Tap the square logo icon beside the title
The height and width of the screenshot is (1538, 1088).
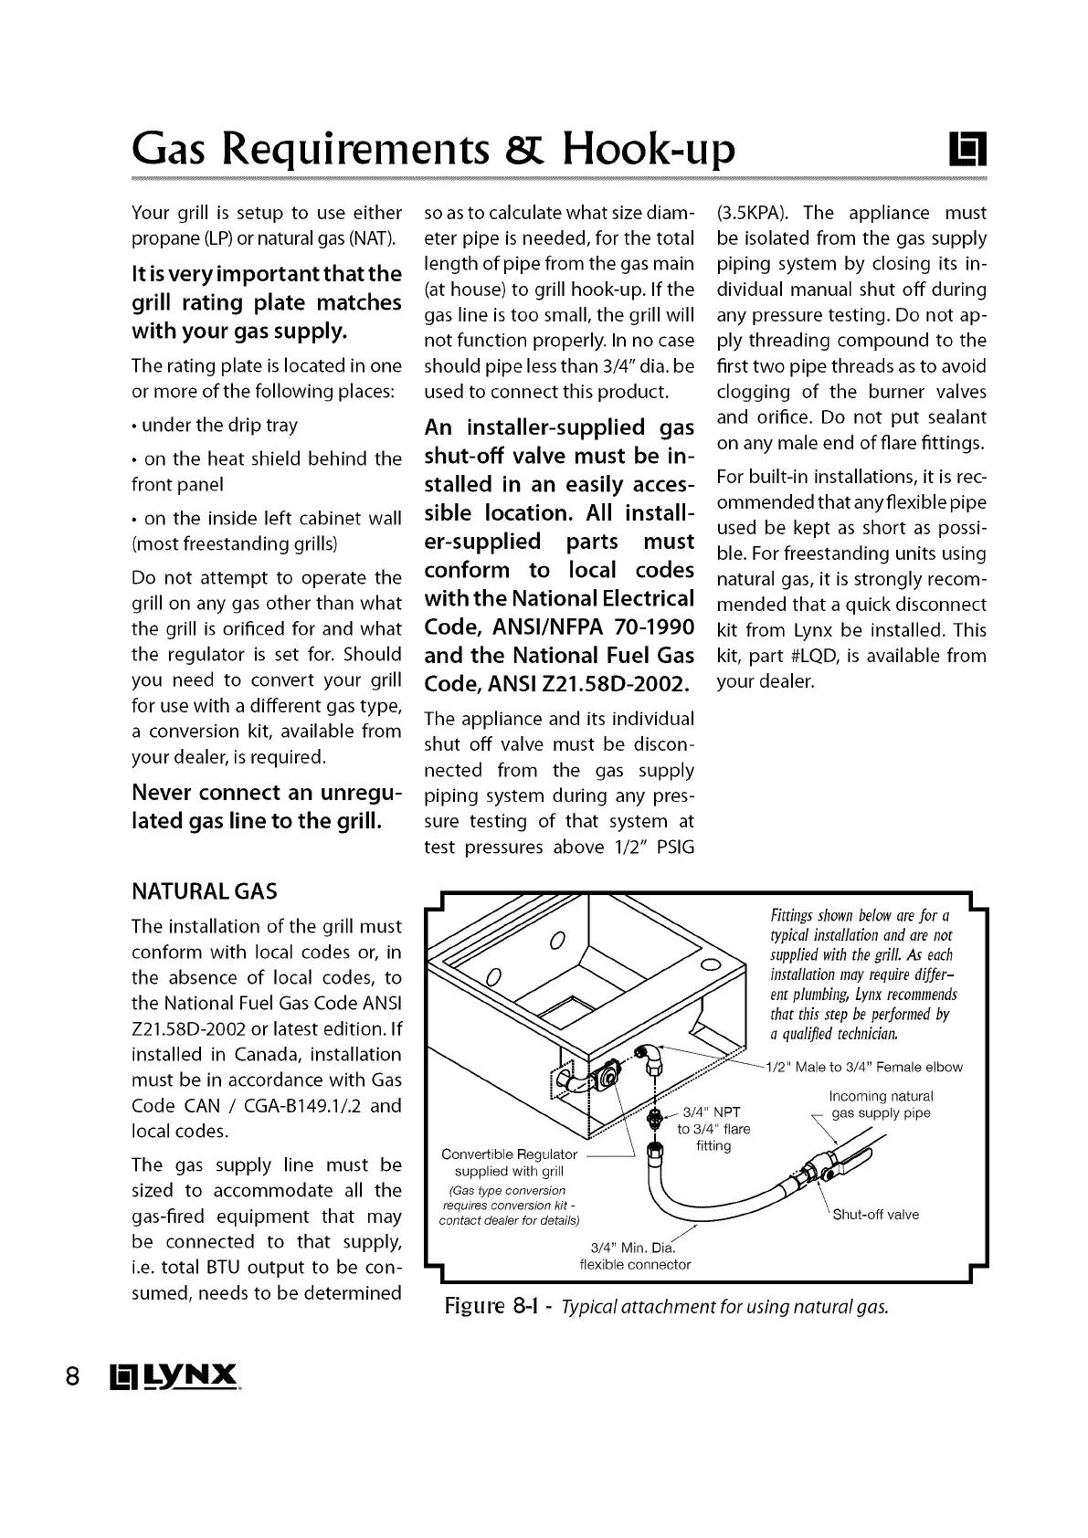tap(967, 150)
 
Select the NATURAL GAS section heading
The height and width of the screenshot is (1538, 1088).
tap(205, 891)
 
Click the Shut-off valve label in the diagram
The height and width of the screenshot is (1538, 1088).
tap(875, 1215)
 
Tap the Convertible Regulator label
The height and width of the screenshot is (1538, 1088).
tap(509, 1154)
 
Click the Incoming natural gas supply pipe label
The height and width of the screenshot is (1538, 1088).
tap(881, 1104)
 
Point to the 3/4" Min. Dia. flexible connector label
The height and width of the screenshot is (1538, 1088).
tap(635, 1257)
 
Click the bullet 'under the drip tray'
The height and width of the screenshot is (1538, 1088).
tap(216, 426)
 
